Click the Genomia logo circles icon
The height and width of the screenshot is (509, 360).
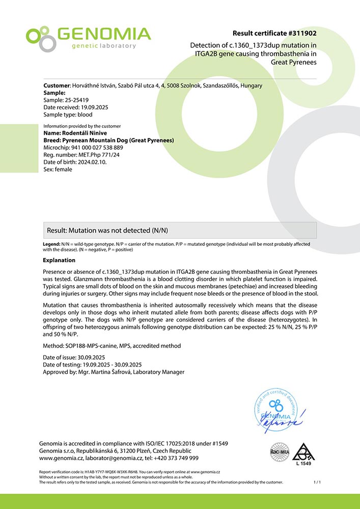point(40,38)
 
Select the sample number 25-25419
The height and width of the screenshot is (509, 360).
point(76,100)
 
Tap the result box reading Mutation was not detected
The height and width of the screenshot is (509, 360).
point(181,230)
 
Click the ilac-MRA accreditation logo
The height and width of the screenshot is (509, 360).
point(280,450)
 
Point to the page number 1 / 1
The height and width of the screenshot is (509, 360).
point(318,482)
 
